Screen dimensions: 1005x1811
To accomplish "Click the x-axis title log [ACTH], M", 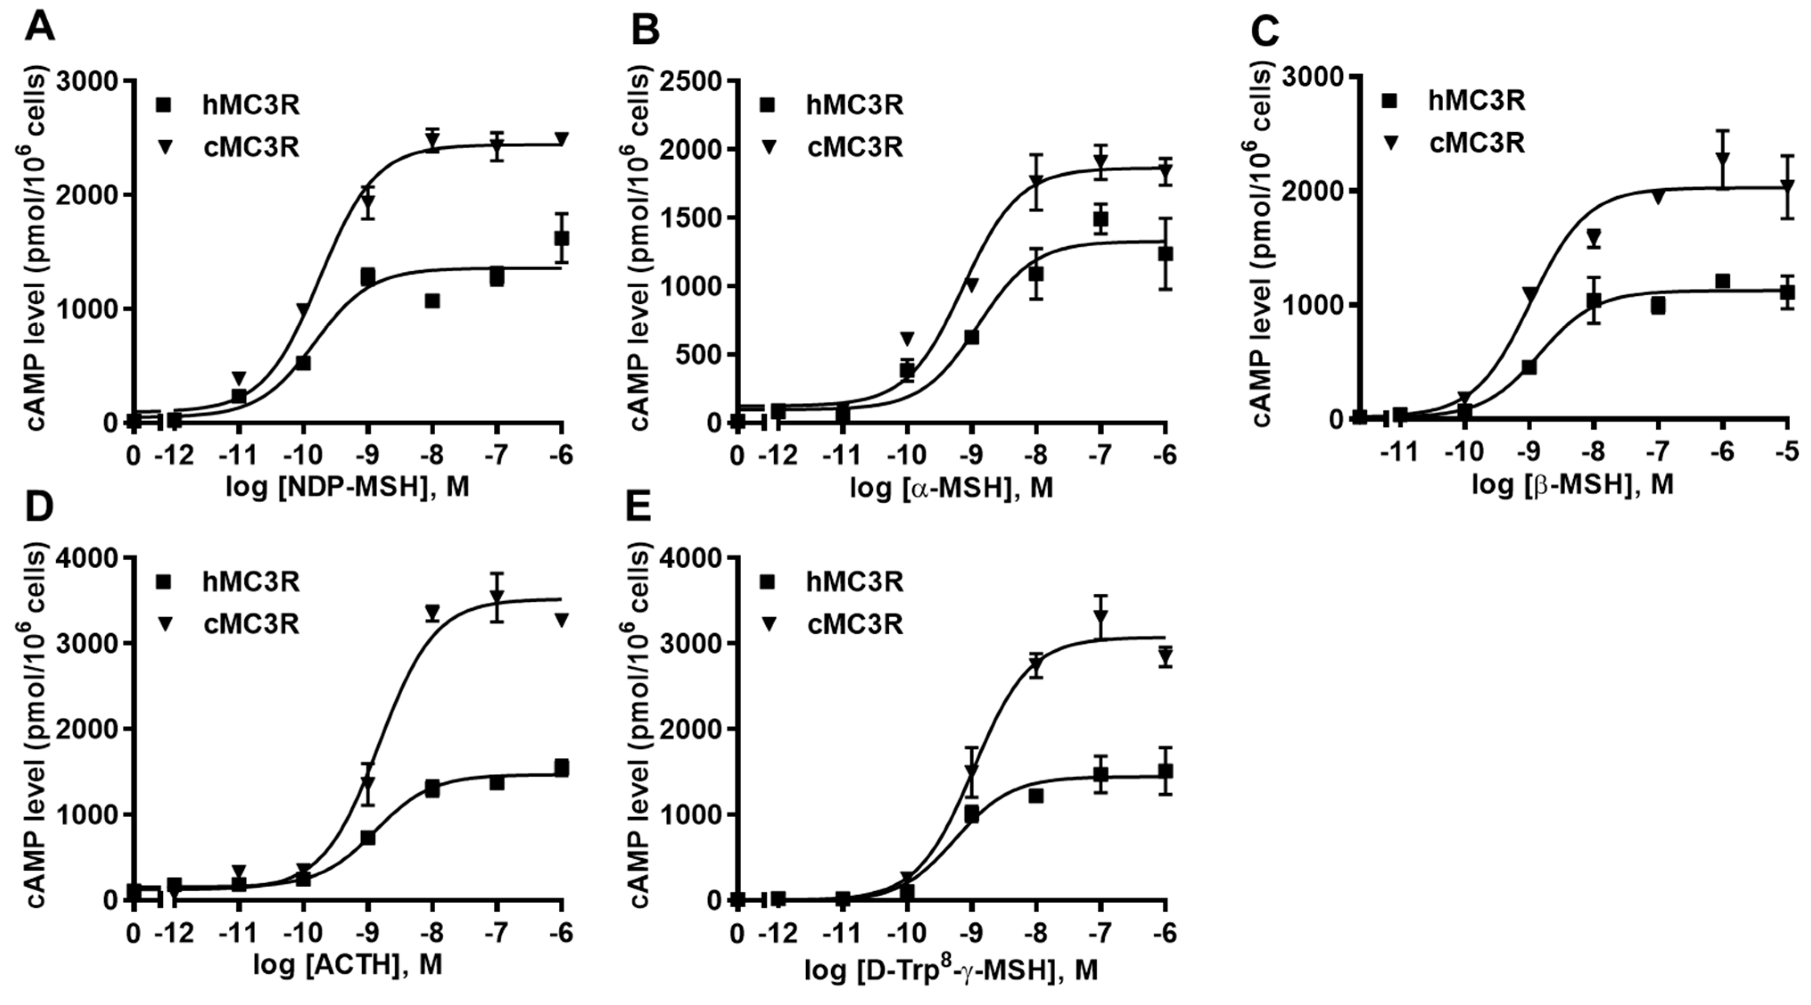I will click(347, 965).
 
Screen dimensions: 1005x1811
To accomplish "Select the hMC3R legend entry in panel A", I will click(228, 105).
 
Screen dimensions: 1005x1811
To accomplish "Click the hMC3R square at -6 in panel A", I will click(561, 238).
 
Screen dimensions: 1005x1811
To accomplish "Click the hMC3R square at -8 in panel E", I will click(1035, 795).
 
